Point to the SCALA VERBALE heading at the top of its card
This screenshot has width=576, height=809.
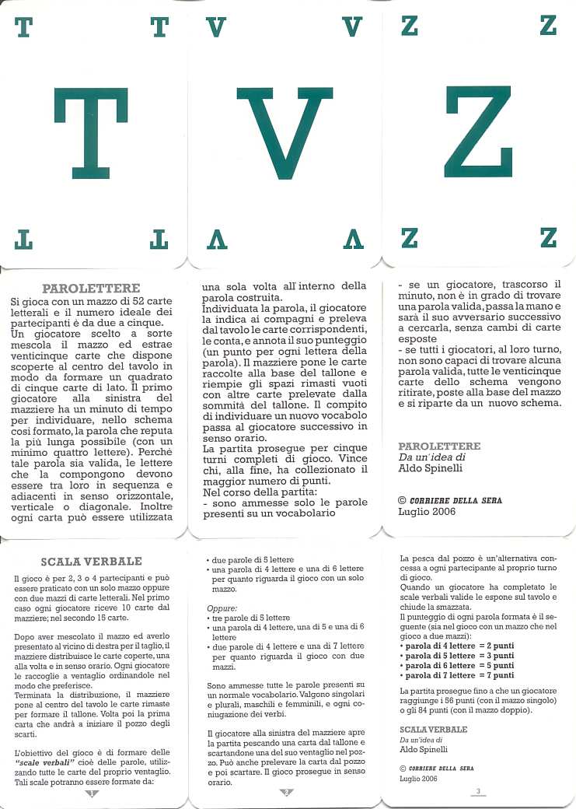(91, 561)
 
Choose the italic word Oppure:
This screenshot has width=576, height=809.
(224, 607)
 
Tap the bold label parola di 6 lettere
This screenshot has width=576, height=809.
(438, 665)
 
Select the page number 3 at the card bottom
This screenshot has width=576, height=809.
(478, 792)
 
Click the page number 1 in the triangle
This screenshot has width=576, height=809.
(91, 793)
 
